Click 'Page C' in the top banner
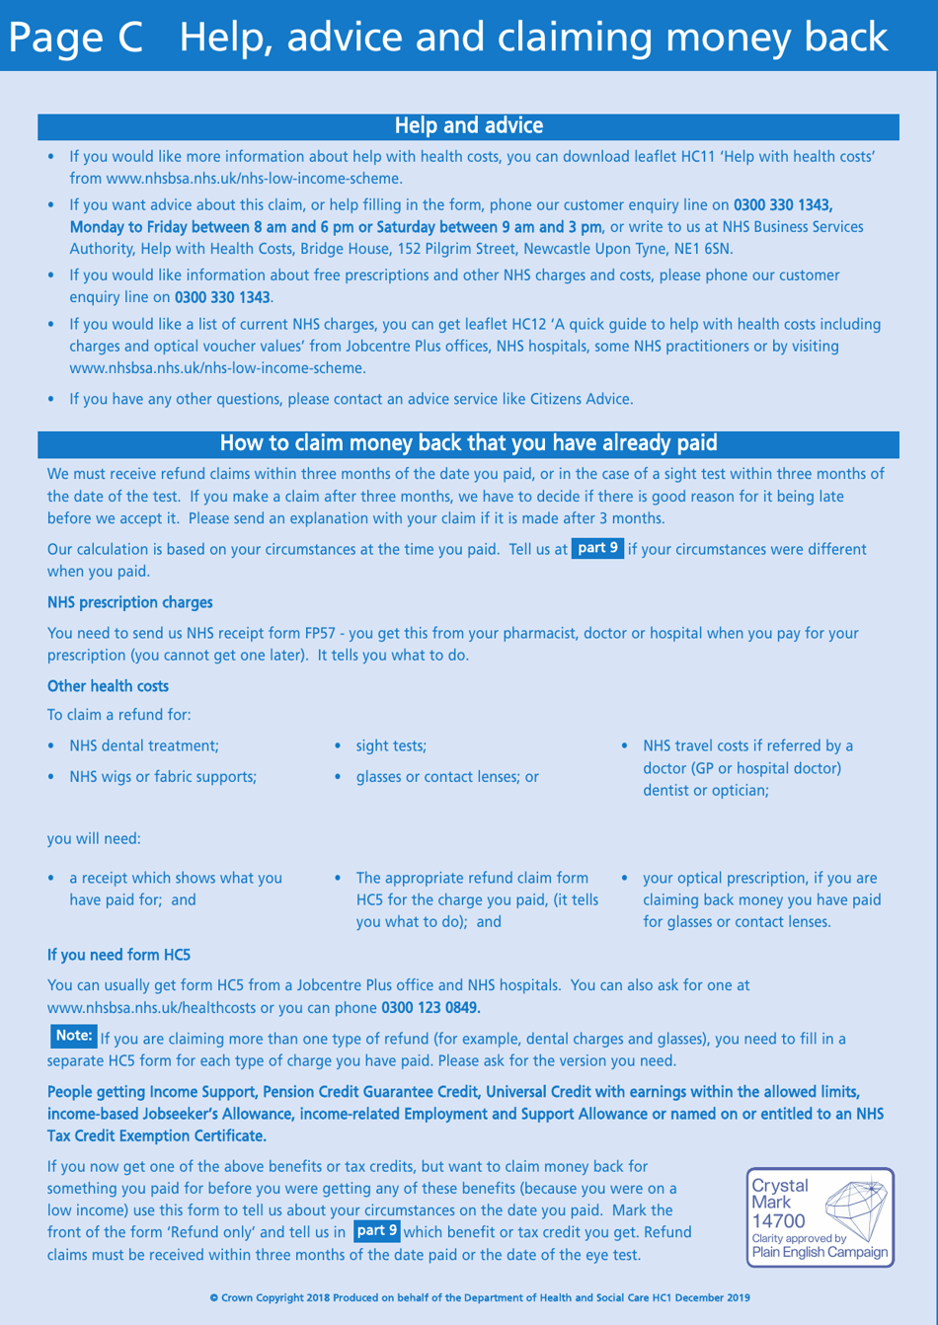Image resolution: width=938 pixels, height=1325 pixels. [x=77, y=38]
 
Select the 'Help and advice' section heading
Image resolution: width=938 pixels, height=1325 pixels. [x=468, y=126]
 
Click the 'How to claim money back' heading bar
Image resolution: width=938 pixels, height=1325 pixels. [x=468, y=443]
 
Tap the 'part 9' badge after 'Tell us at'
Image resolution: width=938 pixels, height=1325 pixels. [x=597, y=549]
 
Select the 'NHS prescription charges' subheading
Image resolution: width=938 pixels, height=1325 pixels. [x=129, y=602]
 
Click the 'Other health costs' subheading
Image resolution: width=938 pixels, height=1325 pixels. [x=108, y=686]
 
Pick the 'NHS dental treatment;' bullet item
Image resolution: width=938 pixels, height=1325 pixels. [x=144, y=746]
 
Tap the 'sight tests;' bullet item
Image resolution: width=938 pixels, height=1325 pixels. [x=391, y=746]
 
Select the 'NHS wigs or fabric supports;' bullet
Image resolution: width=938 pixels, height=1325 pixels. [x=163, y=777]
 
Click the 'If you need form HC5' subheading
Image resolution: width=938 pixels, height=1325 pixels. [x=118, y=955]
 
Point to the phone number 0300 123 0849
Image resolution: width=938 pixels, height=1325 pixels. [x=430, y=1008]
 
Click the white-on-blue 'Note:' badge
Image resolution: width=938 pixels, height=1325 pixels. [x=74, y=1036]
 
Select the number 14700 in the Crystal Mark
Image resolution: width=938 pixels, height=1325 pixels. [x=778, y=1221]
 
